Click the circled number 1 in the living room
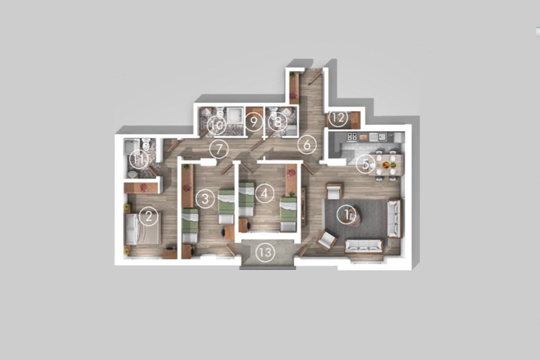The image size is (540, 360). [x=347, y=214]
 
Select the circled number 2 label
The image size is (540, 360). [x=148, y=217]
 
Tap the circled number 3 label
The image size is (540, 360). [x=205, y=199]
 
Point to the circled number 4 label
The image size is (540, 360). [x=264, y=193]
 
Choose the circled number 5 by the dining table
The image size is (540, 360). [x=366, y=164]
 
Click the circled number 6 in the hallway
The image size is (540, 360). [x=307, y=145]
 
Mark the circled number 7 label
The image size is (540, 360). [x=218, y=150]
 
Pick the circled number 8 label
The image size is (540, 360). [x=278, y=122]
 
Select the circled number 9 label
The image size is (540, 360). [x=254, y=122]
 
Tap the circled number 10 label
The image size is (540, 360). [x=217, y=126]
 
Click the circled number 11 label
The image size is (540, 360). [x=139, y=160]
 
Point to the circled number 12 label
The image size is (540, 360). [x=339, y=118]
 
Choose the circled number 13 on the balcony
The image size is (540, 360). [x=265, y=253]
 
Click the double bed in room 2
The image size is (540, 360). [x=142, y=229]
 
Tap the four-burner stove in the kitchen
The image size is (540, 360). [x=352, y=136]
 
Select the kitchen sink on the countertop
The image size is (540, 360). [x=378, y=137]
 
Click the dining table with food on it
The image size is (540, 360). [x=386, y=165]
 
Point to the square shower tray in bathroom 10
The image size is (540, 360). [x=235, y=115]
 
